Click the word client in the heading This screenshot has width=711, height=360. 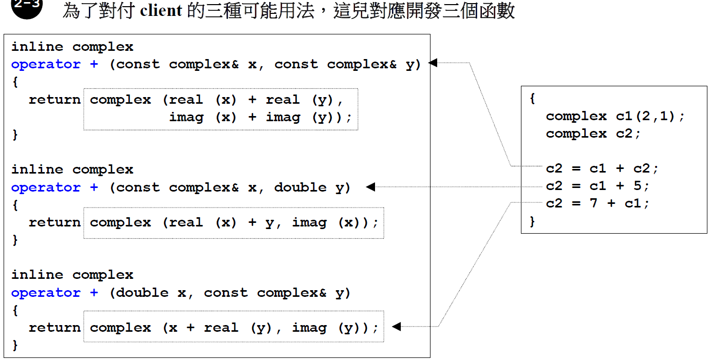coord(161,11)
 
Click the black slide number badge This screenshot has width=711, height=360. coord(26,6)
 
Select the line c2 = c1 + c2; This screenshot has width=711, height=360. coord(602,168)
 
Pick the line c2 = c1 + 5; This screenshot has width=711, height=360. coord(597,185)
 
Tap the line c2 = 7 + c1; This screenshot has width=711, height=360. coord(597,203)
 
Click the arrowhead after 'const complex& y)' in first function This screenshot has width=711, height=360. coord(433,63)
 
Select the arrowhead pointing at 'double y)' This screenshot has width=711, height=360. coord(370,187)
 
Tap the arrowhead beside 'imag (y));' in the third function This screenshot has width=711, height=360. coord(396,327)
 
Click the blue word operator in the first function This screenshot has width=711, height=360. coord(46,64)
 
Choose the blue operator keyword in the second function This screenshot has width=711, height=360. coord(46,187)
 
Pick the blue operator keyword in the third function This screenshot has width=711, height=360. coord(46,293)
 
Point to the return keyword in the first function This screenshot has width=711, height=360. coord(54,100)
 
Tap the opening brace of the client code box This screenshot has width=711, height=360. coord(533,99)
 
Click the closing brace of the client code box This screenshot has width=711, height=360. coord(533,221)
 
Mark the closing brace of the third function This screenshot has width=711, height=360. coord(15,345)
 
